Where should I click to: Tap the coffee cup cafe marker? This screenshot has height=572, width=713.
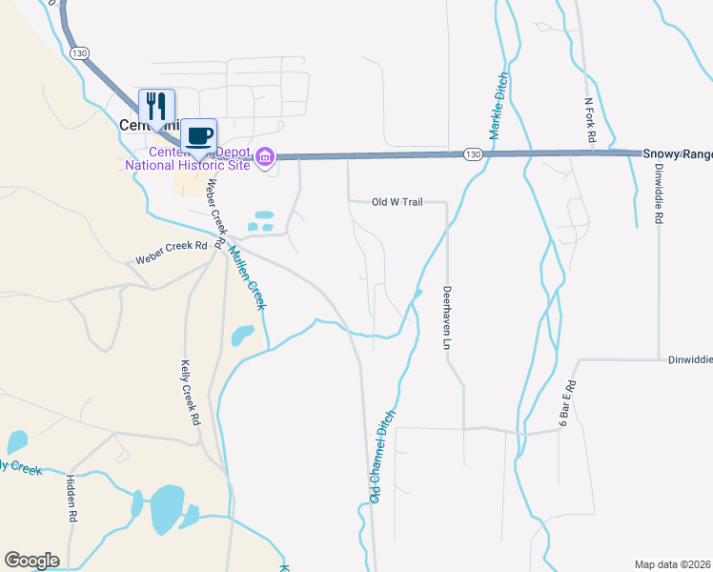(x=199, y=135)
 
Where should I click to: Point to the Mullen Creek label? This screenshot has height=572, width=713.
(x=246, y=277)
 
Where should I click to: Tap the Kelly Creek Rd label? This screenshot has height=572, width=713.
(x=191, y=393)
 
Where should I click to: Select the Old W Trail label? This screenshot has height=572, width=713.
(x=397, y=202)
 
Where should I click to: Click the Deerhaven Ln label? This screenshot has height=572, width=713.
(x=446, y=318)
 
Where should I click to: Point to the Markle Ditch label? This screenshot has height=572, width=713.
(x=497, y=107)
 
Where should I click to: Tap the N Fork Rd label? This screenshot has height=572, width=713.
(x=590, y=120)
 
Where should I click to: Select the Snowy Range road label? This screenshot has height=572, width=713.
(x=677, y=153)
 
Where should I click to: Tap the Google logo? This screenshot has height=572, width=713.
(x=31, y=561)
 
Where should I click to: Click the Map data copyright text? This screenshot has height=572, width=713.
(x=673, y=564)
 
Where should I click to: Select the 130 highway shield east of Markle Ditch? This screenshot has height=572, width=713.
(x=474, y=153)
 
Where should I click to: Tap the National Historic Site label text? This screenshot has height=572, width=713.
(x=188, y=165)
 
